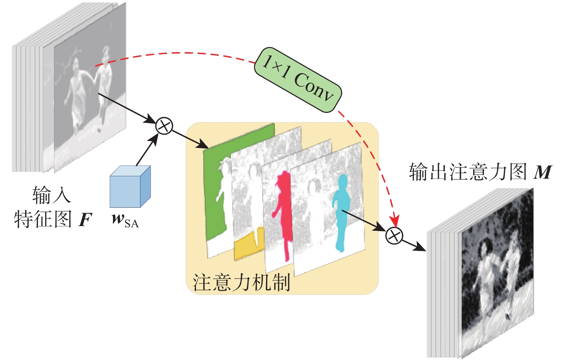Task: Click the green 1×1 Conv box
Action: click(x=298, y=80)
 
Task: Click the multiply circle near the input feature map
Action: click(x=165, y=125)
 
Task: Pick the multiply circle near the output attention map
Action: click(x=394, y=235)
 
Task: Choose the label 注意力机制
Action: click(x=241, y=282)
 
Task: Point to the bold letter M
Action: click(x=543, y=173)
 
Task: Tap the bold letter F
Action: click(x=85, y=220)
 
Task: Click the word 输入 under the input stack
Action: click(x=51, y=195)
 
